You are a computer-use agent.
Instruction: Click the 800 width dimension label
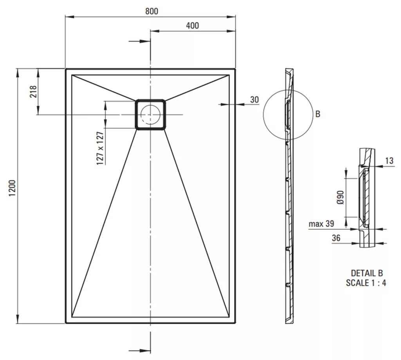click(x=152, y=11)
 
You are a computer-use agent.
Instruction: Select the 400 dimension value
click(x=192, y=25)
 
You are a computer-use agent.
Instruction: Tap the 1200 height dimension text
click(x=12, y=188)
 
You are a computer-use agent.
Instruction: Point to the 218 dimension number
click(x=33, y=92)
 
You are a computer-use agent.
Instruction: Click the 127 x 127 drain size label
click(x=100, y=148)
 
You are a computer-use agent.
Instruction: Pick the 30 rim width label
click(x=255, y=100)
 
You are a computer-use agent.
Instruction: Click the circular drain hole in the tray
click(x=150, y=114)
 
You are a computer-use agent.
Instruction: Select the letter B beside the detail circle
click(x=318, y=114)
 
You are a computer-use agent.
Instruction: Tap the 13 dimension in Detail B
click(x=389, y=161)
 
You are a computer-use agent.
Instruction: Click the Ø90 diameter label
click(x=340, y=198)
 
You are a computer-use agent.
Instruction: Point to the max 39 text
click(x=322, y=224)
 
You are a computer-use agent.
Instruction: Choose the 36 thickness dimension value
click(x=336, y=238)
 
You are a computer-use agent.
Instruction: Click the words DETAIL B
click(x=367, y=273)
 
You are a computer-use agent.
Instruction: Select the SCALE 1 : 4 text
click(x=366, y=283)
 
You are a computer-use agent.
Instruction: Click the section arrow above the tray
click(x=139, y=41)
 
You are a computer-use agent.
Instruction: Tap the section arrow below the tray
click(x=139, y=351)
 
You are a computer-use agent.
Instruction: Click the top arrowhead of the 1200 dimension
click(x=18, y=73)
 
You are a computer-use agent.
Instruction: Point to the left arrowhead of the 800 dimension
click(x=70, y=17)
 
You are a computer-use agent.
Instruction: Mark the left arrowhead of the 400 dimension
click(x=155, y=31)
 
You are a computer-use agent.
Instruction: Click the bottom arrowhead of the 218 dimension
click(x=38, y=111)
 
